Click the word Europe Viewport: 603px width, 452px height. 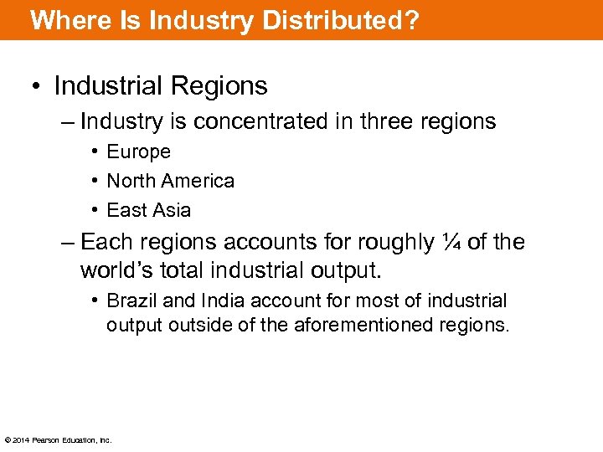coord(138,152)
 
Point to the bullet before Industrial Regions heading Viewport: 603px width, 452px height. coord(38,86)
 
